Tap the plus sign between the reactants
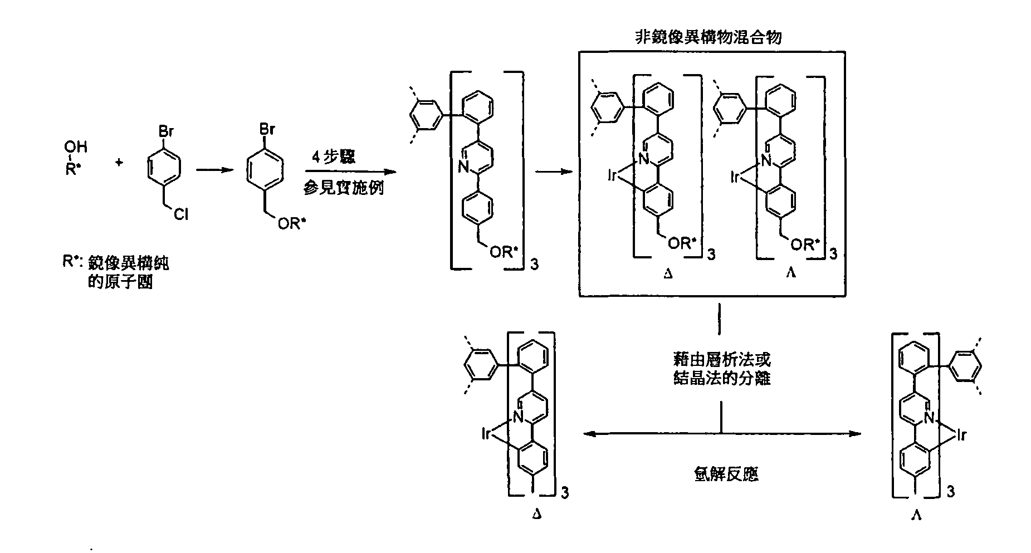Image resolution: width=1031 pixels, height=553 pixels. pos(119,163)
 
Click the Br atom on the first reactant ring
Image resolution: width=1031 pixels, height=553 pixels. pos(166,134)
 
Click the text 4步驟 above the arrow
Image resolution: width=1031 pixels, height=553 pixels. pos(334,157)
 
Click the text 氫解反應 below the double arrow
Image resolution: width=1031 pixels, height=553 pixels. pos(722,474)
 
